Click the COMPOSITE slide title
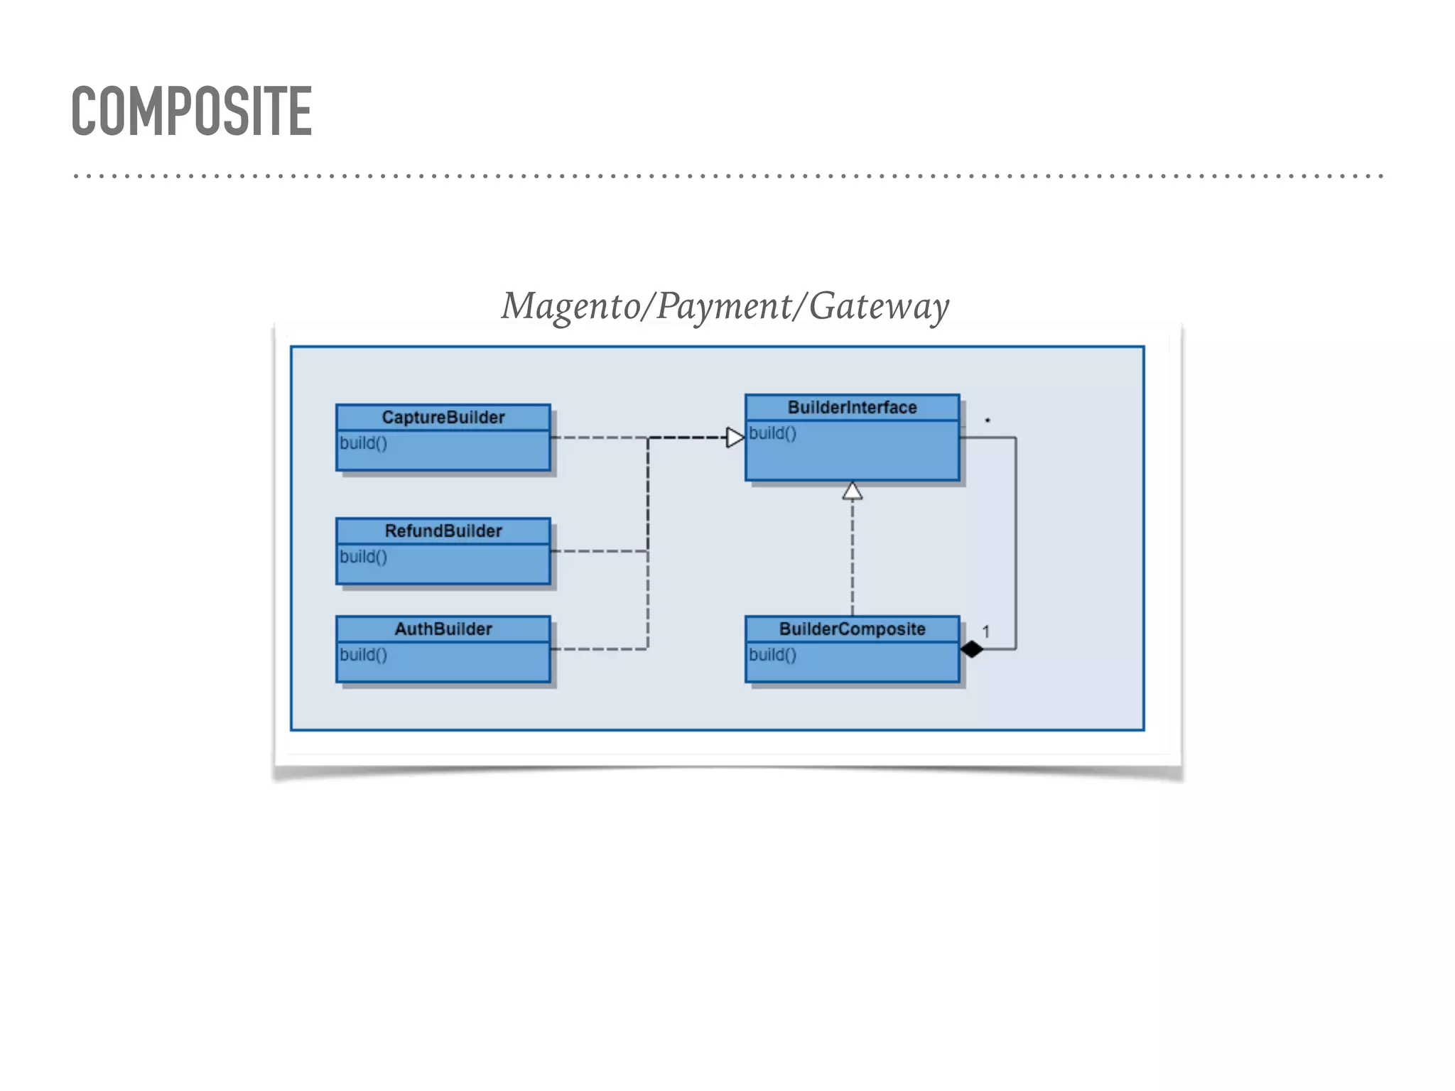click(192, 111)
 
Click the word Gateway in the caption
click(879, 307)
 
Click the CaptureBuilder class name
click(443, 417)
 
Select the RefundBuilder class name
click(443, 531)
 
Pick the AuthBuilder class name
click(443, 629)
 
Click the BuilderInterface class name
click(852, 407)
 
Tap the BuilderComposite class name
click(852, 629)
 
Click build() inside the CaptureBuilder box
click(363, 443)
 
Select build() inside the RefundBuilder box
click(363, 557)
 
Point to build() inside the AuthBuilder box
click(363, 655)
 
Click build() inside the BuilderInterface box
click(772, 433)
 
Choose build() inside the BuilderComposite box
click(772, 655)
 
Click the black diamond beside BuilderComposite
click(971, 649)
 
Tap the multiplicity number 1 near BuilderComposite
click(985, 631)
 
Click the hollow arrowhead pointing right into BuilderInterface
click(735, 438)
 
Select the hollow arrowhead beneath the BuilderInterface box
click(853, 491)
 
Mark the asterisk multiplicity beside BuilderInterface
click(988, 420)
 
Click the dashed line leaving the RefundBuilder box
click(597, 551)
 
